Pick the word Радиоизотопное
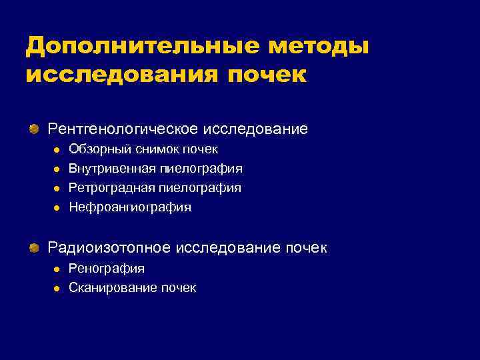click(109, 248)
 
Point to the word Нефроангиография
click(130, 207)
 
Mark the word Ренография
click(107, 269)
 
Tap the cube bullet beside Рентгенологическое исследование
click(33, 128)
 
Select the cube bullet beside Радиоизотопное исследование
click(33, 248)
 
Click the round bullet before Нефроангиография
click(57, 208)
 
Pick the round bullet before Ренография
click(57, 269)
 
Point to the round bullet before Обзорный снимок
click(57, 150)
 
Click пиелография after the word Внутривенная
click(206, 169)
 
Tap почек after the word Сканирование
click(178, 288)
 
